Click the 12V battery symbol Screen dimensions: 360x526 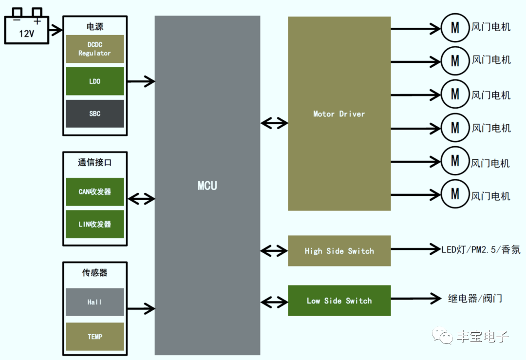coord(26,28)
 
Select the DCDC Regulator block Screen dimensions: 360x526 coord(94,49)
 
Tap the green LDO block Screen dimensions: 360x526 coord(94,81)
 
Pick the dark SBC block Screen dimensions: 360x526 coord(94,114)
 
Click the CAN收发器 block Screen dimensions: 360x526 coord(94,192)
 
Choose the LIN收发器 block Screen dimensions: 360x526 coord(94,224)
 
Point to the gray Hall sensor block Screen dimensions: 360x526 coord(94,302)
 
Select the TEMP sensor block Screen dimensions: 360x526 coord(94,337)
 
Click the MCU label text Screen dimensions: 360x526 coord(207,186)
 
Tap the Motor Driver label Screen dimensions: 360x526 coord(339,114)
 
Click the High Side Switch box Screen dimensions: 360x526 coord(339,251)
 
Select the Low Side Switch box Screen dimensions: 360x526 coord(339,301)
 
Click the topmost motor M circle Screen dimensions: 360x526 coord(454,27)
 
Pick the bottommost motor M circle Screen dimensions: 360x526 coord(454,194)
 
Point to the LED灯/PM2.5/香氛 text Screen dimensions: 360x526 coord(481,249)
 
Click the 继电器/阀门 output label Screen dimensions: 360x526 coord(475,298)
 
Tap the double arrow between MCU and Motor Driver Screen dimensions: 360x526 coord(274,123)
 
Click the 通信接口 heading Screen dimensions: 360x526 coord(94,163)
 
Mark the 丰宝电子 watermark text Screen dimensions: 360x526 coord(482,337)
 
